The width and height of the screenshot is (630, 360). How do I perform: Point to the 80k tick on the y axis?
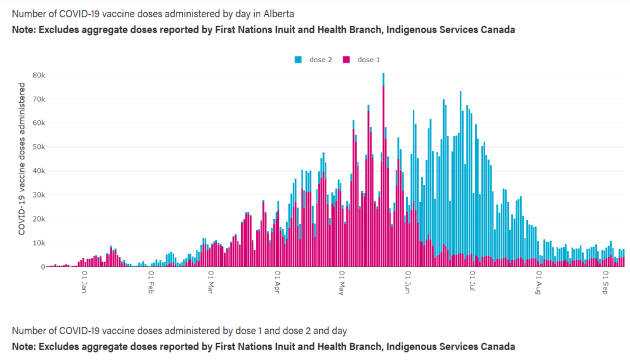click(x=39, y=75)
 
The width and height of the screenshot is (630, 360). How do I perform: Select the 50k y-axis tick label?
click(x=39, y=147)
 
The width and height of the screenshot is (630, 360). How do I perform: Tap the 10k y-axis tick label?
click(x=39, y=243)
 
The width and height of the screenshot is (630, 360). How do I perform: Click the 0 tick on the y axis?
click(x=43, y=267)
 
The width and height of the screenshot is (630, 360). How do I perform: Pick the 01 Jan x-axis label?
click(x=83, y=282)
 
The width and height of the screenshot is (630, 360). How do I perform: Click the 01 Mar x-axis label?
click(x=210, y=282)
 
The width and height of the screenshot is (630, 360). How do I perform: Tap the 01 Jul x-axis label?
click(x=472, y=282)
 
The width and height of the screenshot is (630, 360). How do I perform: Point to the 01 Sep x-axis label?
click(x=606, y=282)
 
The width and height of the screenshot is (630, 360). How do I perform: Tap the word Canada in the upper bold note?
click(x=497, y=30)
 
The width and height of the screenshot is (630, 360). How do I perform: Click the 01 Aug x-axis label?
click(x=539, y=282)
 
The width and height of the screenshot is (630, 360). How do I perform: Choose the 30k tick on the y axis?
click(x=39, y=195)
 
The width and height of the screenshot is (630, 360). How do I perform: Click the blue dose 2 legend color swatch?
click(x=299, y=60)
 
